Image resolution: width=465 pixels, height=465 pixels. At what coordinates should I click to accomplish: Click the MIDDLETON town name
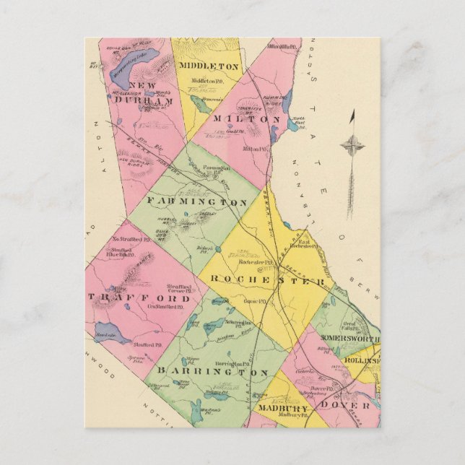[208, 66]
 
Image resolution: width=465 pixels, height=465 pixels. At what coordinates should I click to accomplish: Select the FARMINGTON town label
[197, 201]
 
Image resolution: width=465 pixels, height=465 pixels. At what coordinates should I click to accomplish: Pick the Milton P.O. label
[255, 149]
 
